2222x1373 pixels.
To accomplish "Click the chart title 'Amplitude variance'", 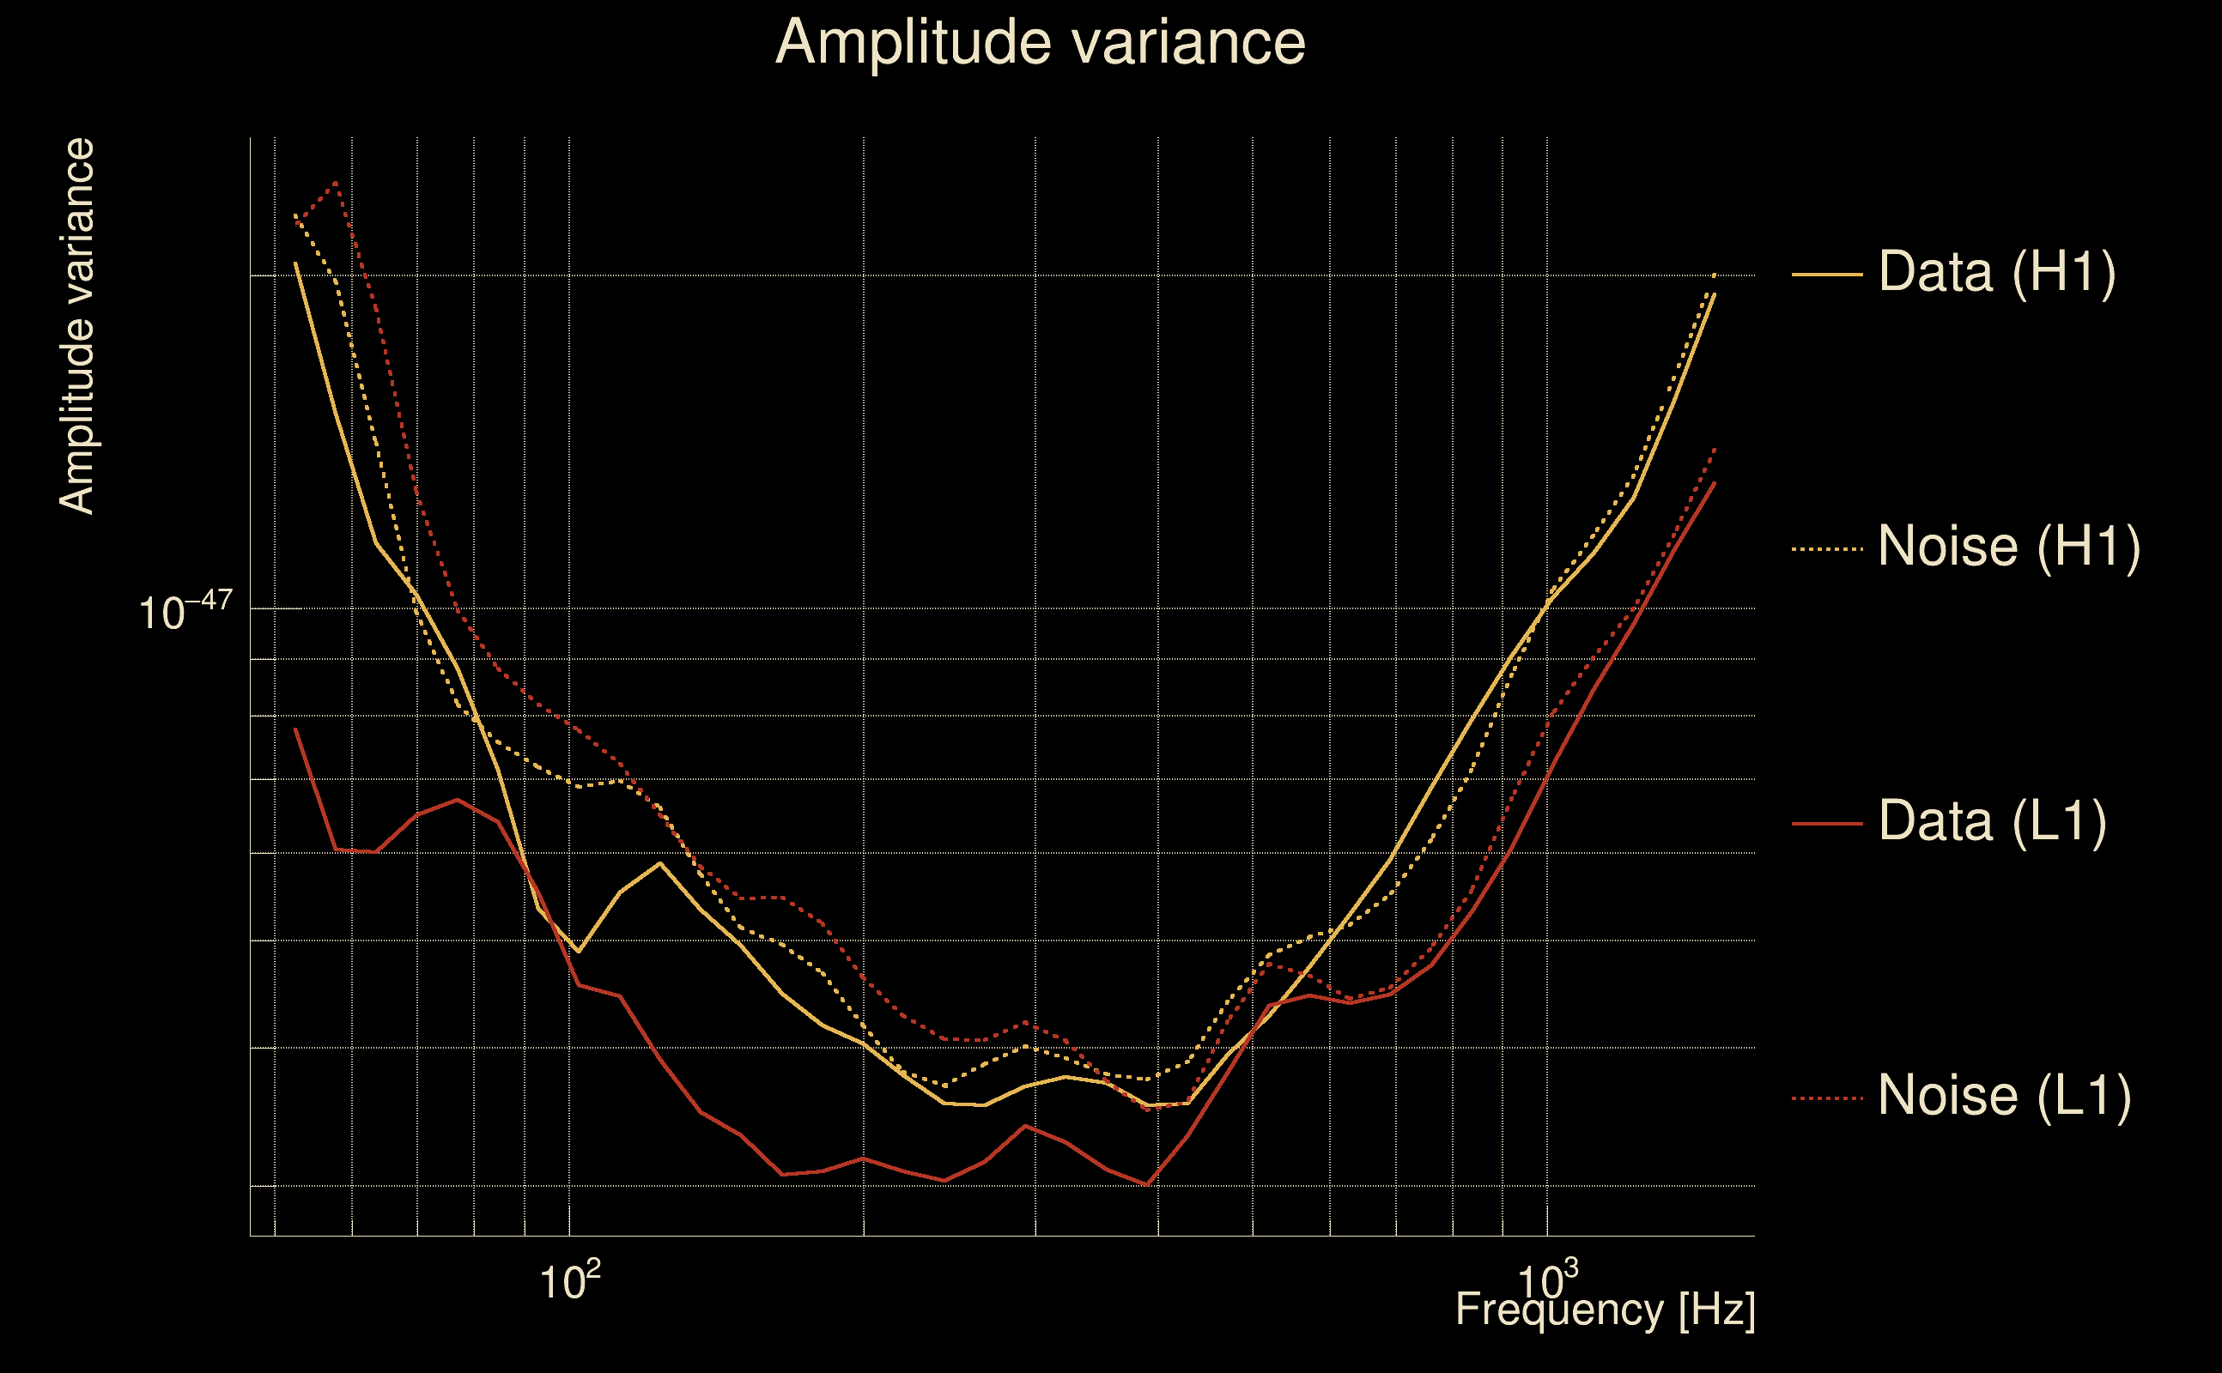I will (x=1040, y=43).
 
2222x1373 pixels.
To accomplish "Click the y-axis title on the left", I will (x=77, y=327).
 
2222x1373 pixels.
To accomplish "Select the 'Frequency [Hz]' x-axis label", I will (x=1606, y=1309).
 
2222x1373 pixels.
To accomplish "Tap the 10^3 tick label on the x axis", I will (x=1547, y=1280).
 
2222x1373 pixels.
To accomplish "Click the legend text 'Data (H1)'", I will (x=1997, y=271).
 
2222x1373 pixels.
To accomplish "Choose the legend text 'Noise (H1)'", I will (x=2008, y=547).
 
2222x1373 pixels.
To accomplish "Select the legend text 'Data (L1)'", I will (x=1992, y=822).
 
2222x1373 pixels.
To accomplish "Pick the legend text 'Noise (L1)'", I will (x=2004, y=1096).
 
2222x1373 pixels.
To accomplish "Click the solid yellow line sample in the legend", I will (x=1827, y=274).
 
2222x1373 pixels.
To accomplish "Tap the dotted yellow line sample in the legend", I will (x=1827, y=548).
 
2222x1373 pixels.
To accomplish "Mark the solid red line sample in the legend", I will (x=1827, y=824).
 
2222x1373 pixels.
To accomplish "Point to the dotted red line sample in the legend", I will (x=1827, y=1098).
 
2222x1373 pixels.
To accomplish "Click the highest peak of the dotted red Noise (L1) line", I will (x=336, y=183).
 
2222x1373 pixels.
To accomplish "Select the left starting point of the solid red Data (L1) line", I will (x=296, y=729).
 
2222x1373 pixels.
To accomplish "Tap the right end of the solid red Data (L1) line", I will (x=1715, y=483).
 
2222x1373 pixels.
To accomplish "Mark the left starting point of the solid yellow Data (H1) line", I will (x=296, y=263).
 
